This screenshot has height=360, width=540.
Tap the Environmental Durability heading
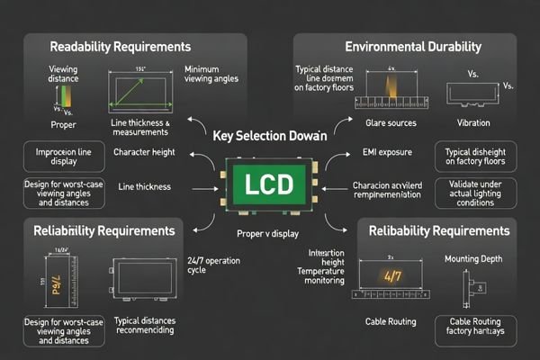412,46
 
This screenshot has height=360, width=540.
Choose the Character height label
143,152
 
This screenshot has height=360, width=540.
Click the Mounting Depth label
473,259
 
